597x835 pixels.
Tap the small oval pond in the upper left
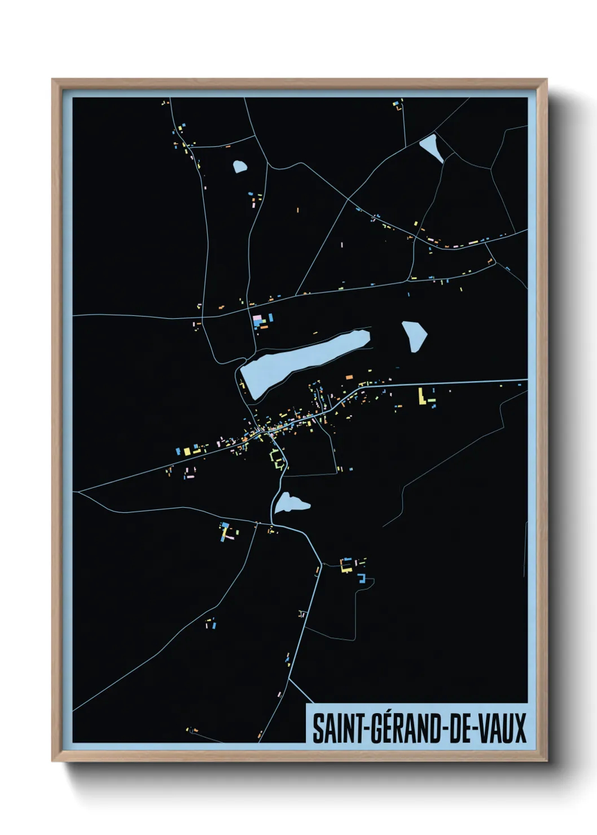(x=240, y=166)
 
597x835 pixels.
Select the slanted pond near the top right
(x=432, y=148)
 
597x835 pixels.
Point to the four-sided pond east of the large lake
(x=414, y=336)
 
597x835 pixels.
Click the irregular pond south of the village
(x=290, y=503)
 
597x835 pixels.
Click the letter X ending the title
(x=520, y=728)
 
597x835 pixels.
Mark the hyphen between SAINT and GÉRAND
(x=367, y=729)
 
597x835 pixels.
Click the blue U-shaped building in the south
(x=363, y=579)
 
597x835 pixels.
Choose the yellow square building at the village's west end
(x=186, y=451)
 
